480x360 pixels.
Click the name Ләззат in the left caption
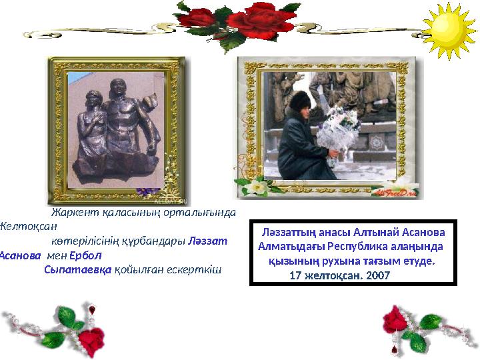click(209, 241)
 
